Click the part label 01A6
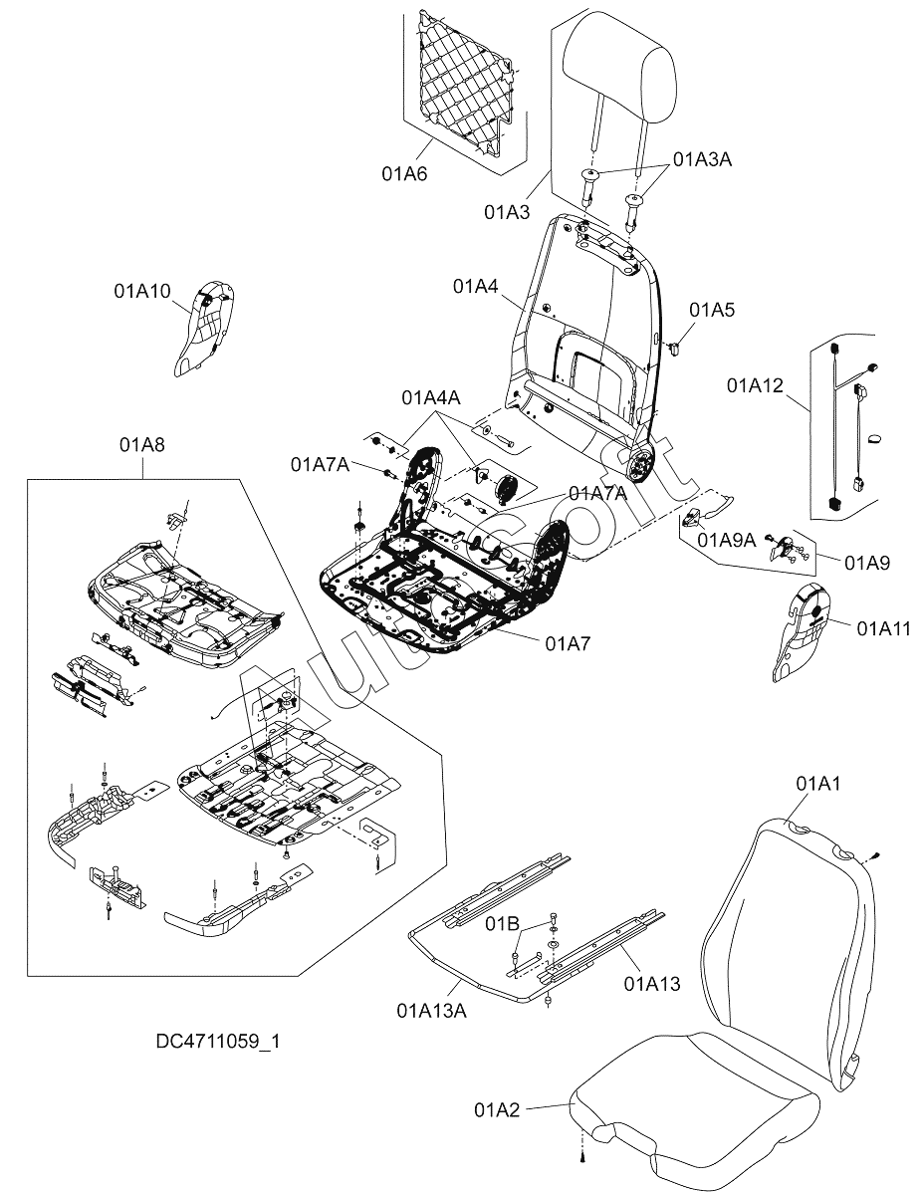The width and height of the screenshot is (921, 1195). [x=404, y=173]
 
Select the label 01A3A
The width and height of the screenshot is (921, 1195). [x=702, y=159]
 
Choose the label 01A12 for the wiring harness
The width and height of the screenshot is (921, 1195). [x=756, y=384]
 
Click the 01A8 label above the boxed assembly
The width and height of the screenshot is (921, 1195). [x=143, y=445]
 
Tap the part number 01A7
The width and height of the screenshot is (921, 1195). [x=568, y=643]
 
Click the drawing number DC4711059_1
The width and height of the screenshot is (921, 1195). [x=218, y=1042]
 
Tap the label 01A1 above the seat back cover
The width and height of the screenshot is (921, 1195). [x=818, y=785]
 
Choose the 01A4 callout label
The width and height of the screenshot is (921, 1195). [x=476, y=287]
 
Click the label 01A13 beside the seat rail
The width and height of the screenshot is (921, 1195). [x=652, y=984]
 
